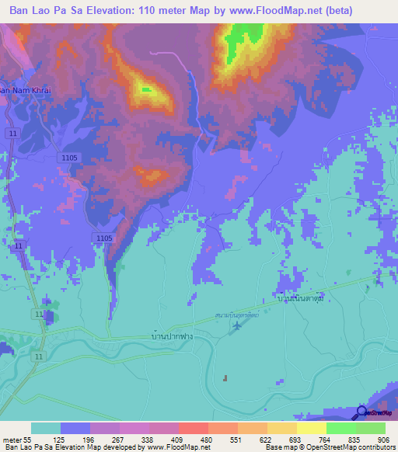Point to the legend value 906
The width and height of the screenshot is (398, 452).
pyautogui.click(x=371, y=440)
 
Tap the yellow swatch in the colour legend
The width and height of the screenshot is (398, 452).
pyautogui.click(x=311, y=428)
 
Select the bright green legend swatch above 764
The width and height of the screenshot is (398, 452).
pyautogui.click(x=340, y=428)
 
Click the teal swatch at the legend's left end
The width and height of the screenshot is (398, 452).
pyautogui.click(x=46, y=428)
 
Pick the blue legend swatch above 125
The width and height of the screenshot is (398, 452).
pyautogui.click(x=75, y=428)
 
